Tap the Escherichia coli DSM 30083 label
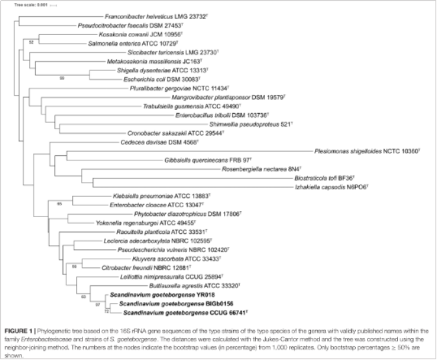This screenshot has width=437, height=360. click(x=161, y=81)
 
